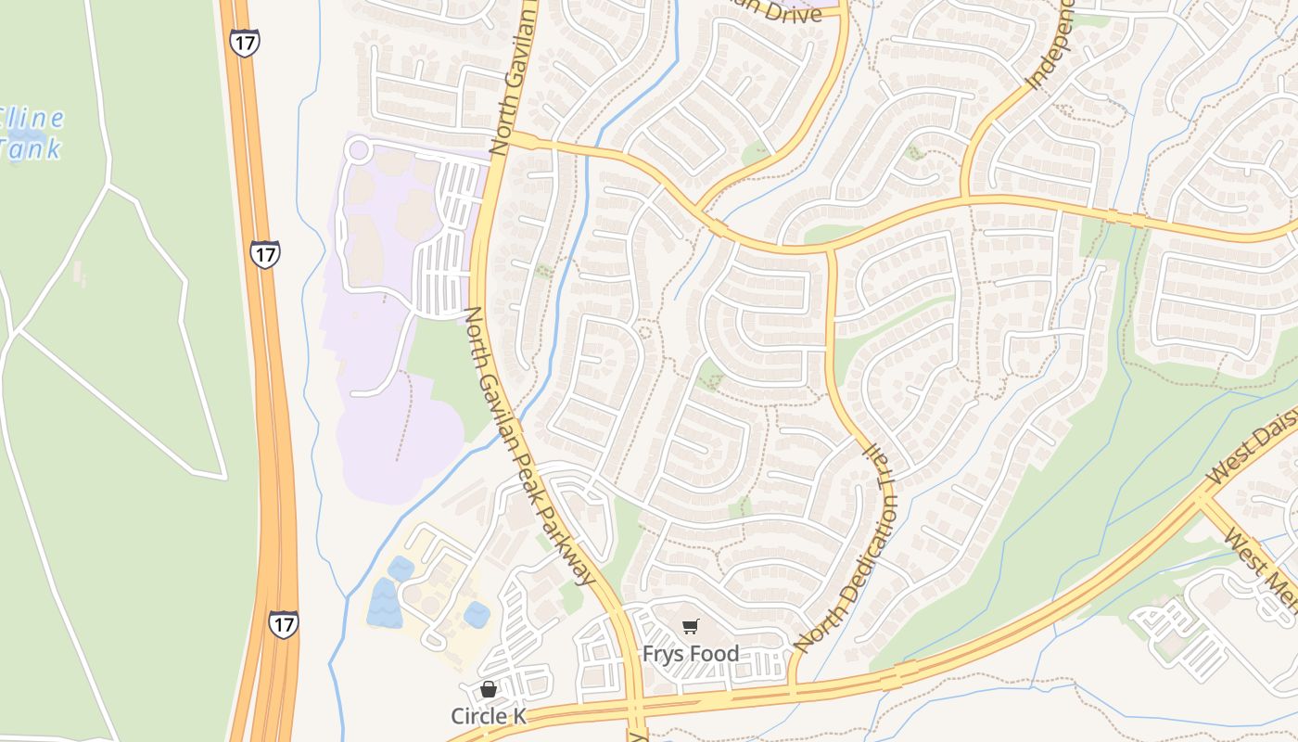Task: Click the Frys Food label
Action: [691, 654]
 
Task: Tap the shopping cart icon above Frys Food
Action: [691, 627]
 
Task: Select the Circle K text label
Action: [489, 716]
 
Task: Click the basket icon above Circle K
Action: [489, 689]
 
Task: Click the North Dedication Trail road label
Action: [845, 546]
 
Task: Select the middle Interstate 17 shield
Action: [265, 254]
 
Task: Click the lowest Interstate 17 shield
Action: [284, 623]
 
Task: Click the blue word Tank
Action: [30, 148]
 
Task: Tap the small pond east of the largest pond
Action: [477, 614]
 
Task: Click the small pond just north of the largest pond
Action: [401, 569]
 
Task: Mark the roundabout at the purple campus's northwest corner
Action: [358, 149]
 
